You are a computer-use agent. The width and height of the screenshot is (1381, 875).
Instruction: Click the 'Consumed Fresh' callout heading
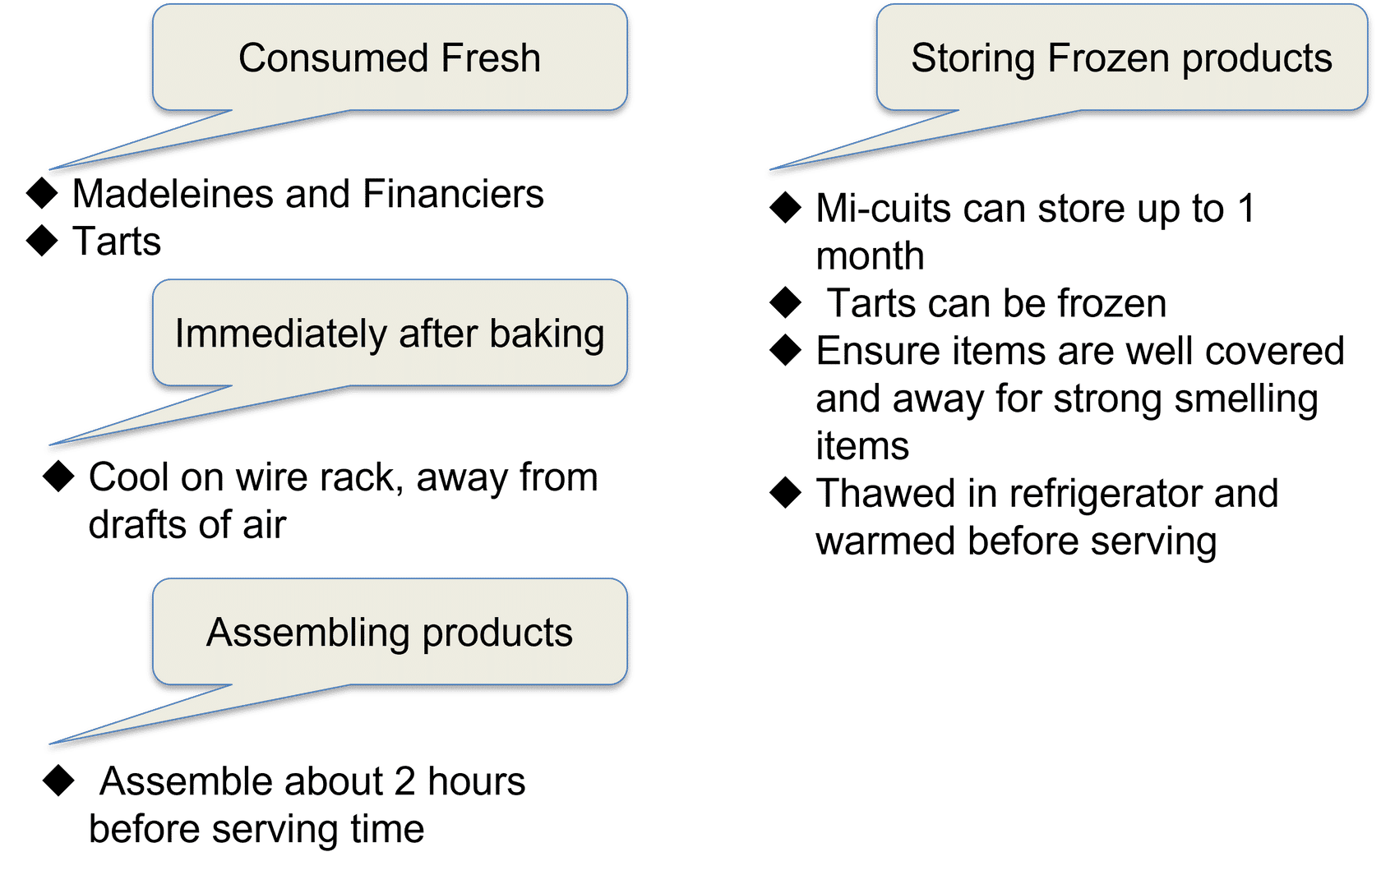pyautogui.click(x=389, y=58)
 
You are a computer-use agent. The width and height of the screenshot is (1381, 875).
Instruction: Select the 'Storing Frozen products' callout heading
pyautogui.click(x=1120, y=58)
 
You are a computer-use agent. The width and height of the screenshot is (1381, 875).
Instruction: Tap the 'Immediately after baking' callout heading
pyautogui.click(x=389, y=334)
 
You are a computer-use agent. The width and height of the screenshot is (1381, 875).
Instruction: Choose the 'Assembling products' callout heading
pyautogui.click(x=389, y=633)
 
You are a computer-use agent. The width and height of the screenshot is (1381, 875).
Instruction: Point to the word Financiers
pyautogui.click(x=453, y=195)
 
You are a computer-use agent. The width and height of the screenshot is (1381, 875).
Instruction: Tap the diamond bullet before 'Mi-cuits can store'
pyautogui.click(x=785, y=207)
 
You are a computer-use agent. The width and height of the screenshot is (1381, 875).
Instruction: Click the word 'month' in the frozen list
pyautogui.click(x=870, y=256)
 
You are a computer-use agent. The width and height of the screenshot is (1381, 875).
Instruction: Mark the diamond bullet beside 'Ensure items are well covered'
pyautogui.click(x=785, y=350)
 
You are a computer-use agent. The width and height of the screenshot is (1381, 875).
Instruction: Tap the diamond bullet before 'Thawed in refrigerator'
pyautogui.click(x=785, y=493)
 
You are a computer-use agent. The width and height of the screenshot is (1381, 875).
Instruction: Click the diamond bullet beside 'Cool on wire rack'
pyautogui.click(x=58, y=477)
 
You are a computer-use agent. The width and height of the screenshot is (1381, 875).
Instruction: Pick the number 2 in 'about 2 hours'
pyautogui.click(x=404, y=782)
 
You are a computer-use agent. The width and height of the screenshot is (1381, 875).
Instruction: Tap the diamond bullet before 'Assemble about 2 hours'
pyautogui.click(x=58, y=781)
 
